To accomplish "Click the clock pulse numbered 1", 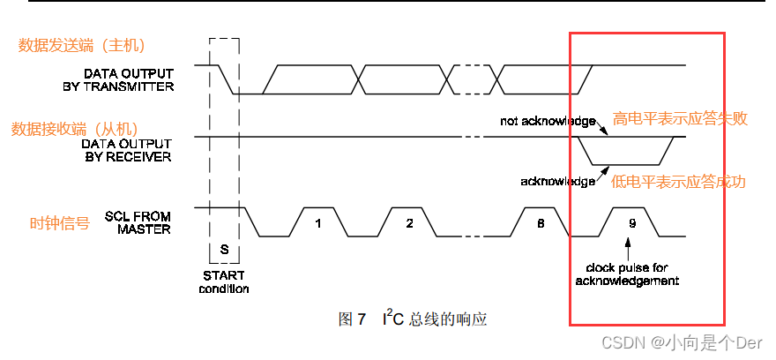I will [x=317, y=223].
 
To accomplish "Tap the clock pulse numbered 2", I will [x=409, y=223].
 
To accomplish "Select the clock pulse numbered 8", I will [x=541, y=223].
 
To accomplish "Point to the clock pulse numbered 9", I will [x=631, y=223].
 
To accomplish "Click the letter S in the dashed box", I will [x=224, y=251].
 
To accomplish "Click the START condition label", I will [x=224, y=282].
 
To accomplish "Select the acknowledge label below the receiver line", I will [x=557, y=181].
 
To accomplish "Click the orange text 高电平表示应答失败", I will [x=680, y=118].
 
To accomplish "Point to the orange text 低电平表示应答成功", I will [x=678, y=182].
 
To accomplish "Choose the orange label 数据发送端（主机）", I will [x=82, y=45].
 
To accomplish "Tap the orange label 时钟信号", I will [x=59, y=223].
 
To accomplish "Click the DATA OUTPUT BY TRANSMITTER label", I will [x=129, y=79].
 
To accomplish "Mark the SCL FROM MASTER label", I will [x=138, y=222].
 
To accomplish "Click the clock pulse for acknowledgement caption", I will [x=626, y=274].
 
